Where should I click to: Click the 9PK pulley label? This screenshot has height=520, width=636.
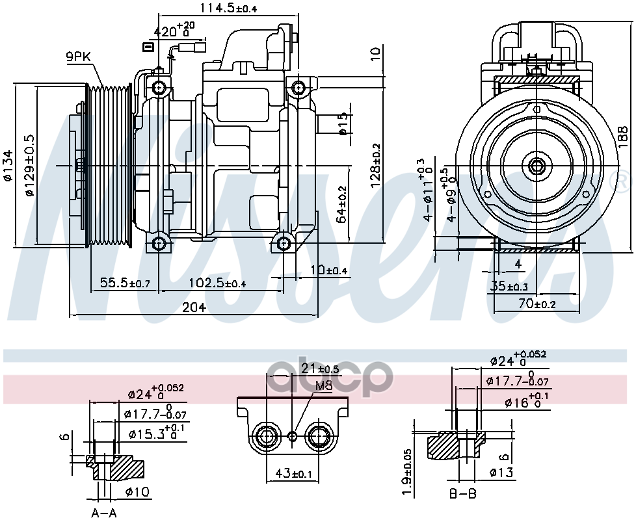78,57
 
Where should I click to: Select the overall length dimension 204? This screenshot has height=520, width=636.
194,307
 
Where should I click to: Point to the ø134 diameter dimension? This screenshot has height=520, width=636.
7,165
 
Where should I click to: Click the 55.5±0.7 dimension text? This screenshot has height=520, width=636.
125,284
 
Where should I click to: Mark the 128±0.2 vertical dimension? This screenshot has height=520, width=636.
375,165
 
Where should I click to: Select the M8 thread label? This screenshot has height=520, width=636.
323,386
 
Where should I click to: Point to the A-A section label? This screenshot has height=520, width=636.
103,513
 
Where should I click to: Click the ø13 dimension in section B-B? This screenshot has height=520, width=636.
502,473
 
